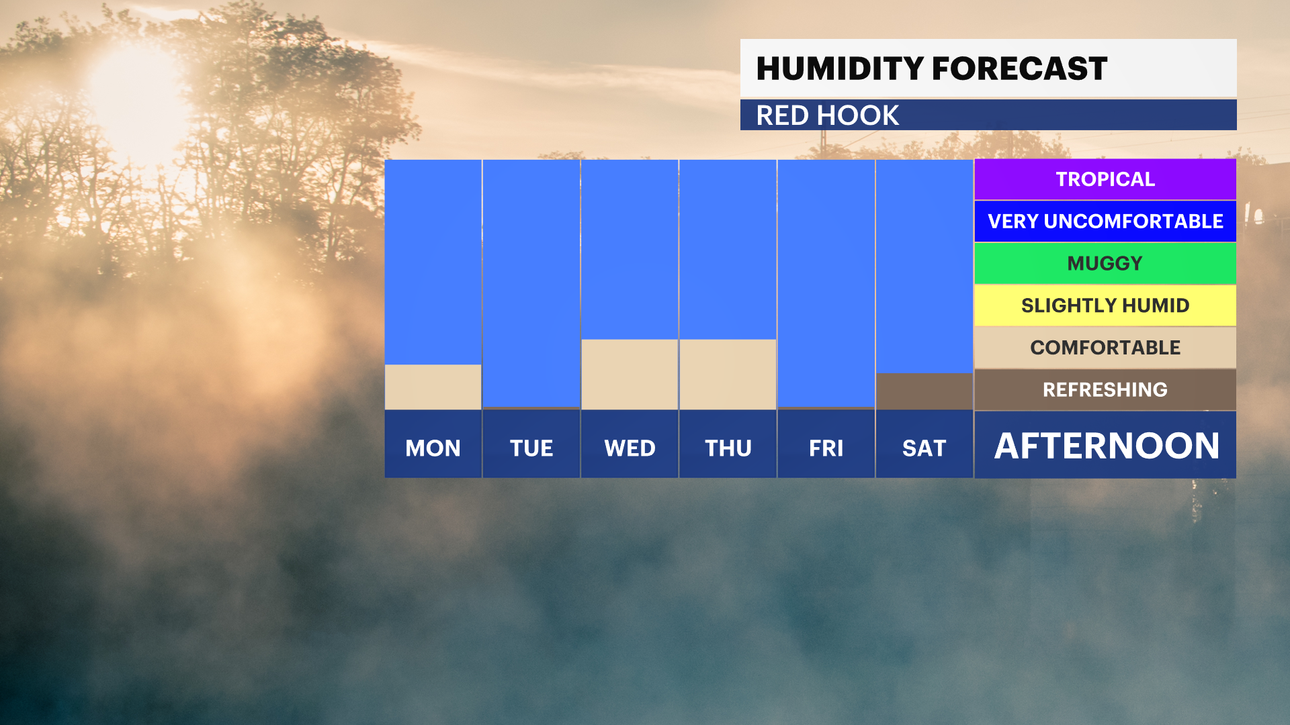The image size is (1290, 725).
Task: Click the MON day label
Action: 433,448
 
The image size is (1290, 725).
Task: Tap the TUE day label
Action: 531,448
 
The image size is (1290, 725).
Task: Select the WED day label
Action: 630,448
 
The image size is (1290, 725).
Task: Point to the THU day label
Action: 728,448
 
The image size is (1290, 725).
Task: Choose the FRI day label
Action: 826,448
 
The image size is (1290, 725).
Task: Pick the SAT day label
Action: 924,448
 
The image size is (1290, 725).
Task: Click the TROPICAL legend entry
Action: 1105,179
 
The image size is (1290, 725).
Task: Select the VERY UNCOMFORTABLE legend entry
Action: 1105,221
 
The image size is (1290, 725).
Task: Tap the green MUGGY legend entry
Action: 1105,263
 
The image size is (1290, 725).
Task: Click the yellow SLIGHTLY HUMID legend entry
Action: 1105,305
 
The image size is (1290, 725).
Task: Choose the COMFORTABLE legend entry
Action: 1105,347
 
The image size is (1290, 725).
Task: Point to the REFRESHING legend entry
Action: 1105,389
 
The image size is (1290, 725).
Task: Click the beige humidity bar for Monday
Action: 433,387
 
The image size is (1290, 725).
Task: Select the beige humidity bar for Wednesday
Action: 630,374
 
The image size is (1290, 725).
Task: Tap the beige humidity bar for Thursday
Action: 728,374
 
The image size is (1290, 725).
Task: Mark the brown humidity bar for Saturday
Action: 924,391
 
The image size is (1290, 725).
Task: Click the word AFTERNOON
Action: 1107,446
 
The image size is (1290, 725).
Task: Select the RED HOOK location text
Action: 827,115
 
